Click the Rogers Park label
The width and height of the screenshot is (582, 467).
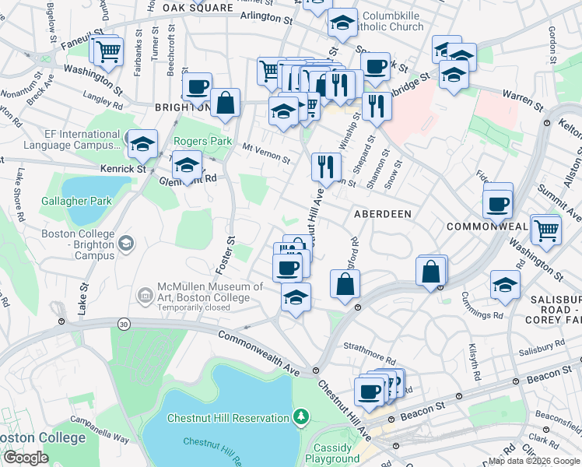click(x=202, y=142)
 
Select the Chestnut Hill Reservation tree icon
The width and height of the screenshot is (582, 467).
click(x=301, y=418)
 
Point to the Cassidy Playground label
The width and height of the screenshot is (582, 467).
click(x=332, y=453)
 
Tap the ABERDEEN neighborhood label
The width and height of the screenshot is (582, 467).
click(x=383, y=213)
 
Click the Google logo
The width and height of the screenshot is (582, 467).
click(x=25, y=458)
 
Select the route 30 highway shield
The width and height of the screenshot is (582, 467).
click(x=123, y=323)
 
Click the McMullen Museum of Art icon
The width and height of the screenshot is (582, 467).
click(x=144, y=295)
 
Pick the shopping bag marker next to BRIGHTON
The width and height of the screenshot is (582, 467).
click(x=225, y=102)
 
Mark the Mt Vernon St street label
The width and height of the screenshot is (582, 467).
click(x=266, y=153)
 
